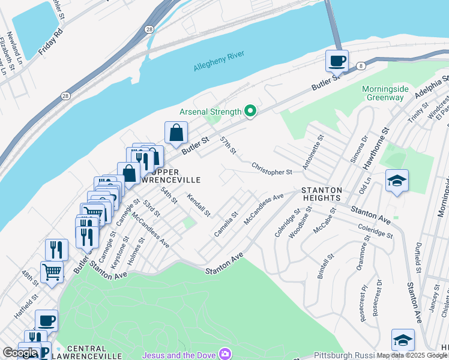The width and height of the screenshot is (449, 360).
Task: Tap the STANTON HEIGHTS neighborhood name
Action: point(322,195)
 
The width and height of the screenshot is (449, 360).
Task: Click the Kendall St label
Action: point(199,205)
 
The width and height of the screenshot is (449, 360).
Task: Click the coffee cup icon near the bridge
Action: point(337,61)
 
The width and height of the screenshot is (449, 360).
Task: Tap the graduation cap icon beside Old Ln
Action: point(397,181)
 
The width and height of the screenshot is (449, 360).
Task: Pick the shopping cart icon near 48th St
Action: point(52,271)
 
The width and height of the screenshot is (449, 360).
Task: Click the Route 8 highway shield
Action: point(361,65)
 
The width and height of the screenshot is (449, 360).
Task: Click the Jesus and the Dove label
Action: point(178,353)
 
